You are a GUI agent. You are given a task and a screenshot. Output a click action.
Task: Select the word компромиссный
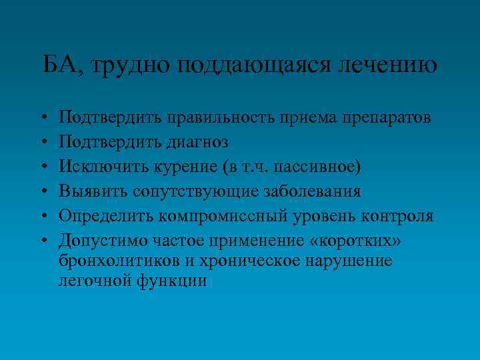236,217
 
